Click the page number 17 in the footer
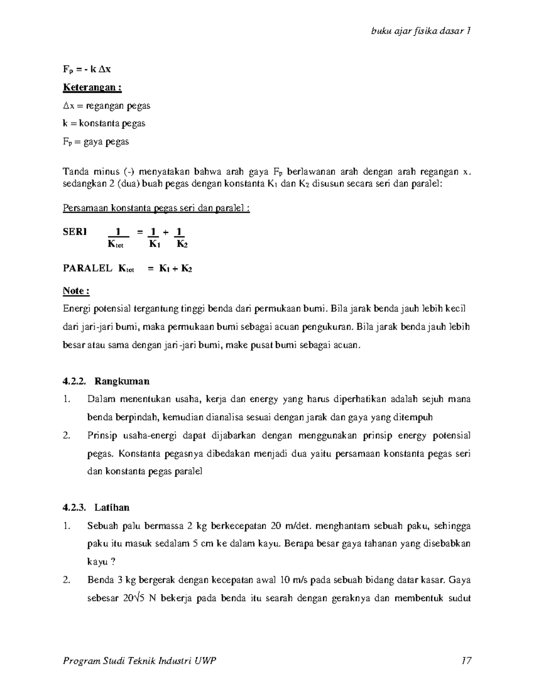(466, 660)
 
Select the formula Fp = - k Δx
(87, 69)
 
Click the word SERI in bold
(75, 232)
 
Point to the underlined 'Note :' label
(76, 291)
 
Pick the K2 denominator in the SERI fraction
(182, 244)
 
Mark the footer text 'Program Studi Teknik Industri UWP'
(140, 660)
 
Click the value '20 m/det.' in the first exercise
(289, 526)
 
